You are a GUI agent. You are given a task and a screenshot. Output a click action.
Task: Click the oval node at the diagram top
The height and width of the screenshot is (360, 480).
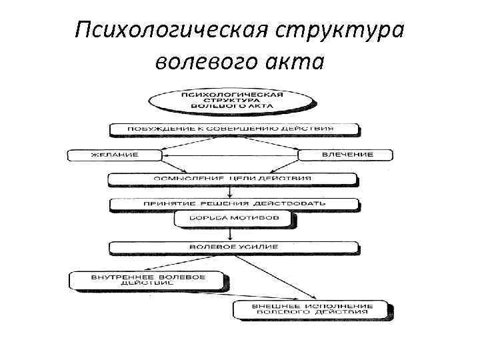pos(231,100)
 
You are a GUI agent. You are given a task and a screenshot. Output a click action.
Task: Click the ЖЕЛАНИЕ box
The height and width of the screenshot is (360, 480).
pos(114,155)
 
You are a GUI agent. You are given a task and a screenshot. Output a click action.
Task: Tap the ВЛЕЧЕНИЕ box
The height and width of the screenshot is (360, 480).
pos(347,155)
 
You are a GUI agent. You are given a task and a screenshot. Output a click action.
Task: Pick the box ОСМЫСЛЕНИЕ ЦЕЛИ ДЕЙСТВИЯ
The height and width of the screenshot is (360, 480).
pos(233,179)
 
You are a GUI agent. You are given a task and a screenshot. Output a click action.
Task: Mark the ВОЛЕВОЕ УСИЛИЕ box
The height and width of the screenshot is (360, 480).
pos(233,247)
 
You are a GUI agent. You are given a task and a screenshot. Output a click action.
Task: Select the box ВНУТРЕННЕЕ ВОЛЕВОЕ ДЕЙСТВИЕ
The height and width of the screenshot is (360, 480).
pos(148,279)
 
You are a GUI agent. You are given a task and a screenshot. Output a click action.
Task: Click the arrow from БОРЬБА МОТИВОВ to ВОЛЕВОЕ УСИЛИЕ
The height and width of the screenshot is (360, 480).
pos(231,233)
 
